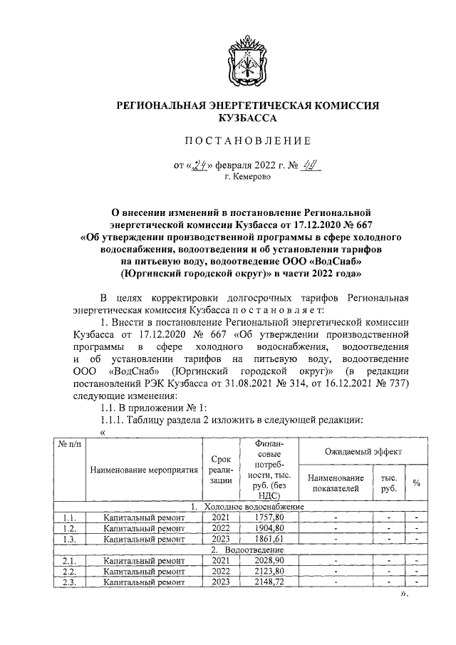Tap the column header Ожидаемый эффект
(363, 452)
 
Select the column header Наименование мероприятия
(145, 470)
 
